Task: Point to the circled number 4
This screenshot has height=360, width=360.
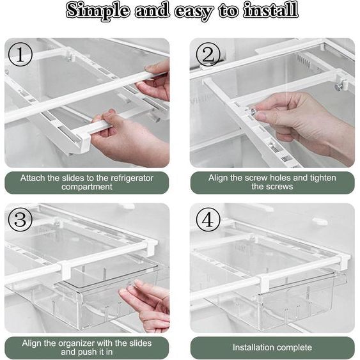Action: pos(207,221)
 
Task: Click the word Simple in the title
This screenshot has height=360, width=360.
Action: pos(97,11)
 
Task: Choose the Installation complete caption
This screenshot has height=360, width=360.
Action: pos(272,348)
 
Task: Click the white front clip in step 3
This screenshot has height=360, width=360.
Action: pos(65,270)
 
